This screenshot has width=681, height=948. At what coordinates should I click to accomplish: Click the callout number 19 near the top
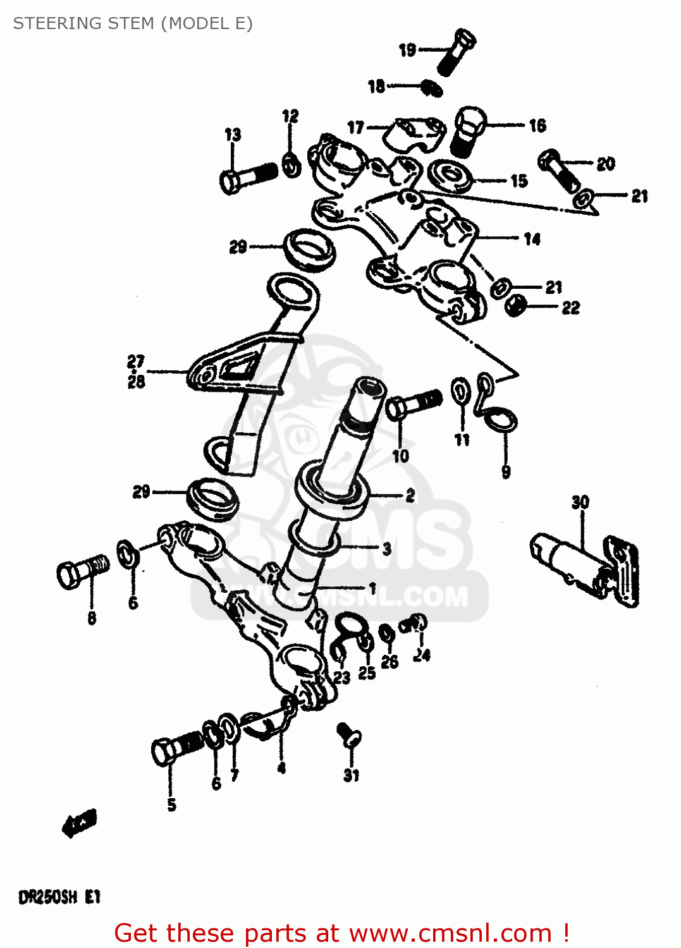pos(407,49)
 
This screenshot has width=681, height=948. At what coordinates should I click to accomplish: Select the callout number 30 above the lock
pos(580,502)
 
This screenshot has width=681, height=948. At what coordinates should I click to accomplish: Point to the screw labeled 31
pos(350,736)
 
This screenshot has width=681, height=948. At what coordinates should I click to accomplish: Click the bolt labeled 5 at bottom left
pos(178,748)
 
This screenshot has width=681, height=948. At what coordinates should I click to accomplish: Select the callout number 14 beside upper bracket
pos(532,239)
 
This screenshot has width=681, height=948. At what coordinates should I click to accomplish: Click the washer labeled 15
pos(450,175)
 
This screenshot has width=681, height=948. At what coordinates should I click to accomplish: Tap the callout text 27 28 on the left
pos(136,371)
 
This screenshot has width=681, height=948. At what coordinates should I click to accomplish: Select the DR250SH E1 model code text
pos(59,897)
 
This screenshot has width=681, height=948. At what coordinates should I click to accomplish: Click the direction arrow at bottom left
pos(80,823)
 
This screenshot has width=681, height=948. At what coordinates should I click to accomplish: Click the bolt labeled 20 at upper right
pos(558,169)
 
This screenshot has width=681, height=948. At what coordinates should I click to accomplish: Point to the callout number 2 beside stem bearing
pos(410,495)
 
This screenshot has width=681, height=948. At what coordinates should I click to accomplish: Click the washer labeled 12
pos(291,164)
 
